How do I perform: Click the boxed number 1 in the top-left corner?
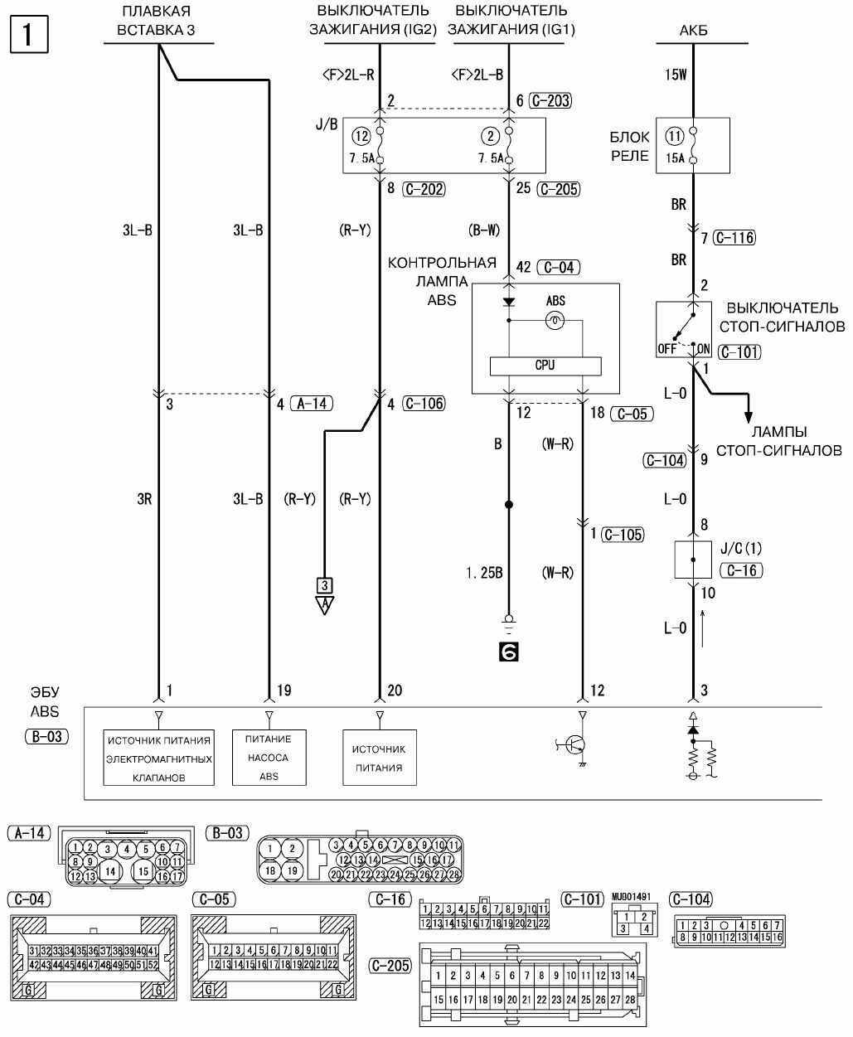tap(29, 35)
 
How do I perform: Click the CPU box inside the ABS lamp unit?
tap(545, 366)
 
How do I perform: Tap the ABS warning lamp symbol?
tap(555, 319)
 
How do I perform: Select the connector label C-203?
tap(552, 101)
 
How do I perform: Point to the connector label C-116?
tap(734, 239)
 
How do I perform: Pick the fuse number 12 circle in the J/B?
tap(361, 137)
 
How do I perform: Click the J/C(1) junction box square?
tap(693, 560)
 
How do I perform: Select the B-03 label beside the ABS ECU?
tap(47, 735)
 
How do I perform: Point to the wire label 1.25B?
tap(484, 573)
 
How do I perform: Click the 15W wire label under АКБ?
tap(676, 75)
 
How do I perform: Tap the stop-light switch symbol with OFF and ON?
tap(685, 328)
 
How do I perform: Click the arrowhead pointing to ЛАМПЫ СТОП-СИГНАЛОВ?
tap(749, 414)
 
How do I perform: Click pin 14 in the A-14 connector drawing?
tap(109, 871)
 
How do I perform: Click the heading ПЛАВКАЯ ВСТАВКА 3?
tap(156, 21)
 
